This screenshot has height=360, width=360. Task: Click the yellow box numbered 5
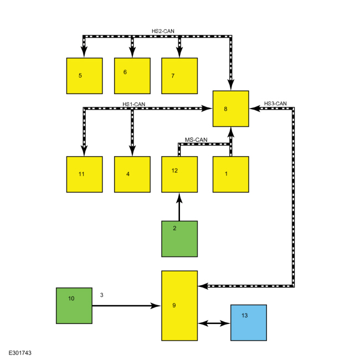click(x=85, y=76)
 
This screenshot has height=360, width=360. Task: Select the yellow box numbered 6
click(x=132, y=76)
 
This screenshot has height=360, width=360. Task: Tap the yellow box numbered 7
click(x=179, y=76)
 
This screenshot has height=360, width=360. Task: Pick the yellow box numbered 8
click(x=231, y=109)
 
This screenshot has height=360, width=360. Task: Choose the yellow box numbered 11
click(x=85, y=174)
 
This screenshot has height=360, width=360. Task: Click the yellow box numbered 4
click(x=132, y=174)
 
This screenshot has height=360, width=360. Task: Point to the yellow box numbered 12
click(x=179, y=174)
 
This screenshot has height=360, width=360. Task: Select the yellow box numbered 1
click(x=231, y=174)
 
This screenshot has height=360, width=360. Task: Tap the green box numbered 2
click(x=179, y=239)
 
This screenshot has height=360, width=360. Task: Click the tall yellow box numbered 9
click(x=179, y=306)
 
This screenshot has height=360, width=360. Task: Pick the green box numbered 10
click(x=74, y=306)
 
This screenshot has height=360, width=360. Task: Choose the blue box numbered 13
click(x=249, y=322)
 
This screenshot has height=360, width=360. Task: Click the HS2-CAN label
click(x=163, y=31)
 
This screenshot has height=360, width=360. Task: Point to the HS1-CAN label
click(x=134, y=104)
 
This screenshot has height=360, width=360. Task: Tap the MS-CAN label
click(x=196, y=140)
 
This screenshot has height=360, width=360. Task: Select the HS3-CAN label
click(x=275, y=104)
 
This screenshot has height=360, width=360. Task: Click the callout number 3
click(x=102, y=295)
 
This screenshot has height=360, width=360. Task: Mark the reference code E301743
click(x=20, y=353)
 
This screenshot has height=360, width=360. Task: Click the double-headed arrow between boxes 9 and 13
click(x=214, y=323)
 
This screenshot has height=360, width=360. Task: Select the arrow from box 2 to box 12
click(x=179, y=207)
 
